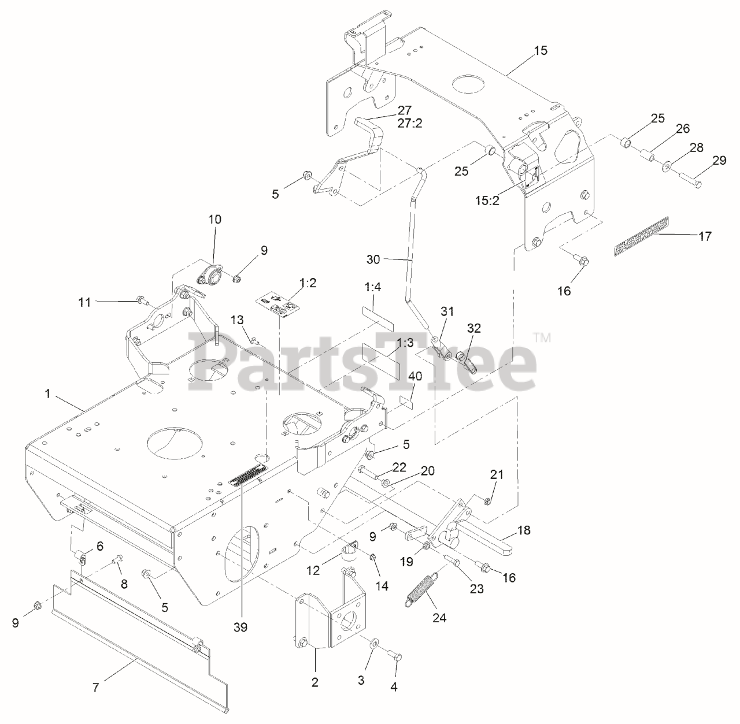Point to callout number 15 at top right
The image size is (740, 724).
(x=541, y=50)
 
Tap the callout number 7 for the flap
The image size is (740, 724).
(x=97, y=688)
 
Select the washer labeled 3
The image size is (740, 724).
(x=375, y=643)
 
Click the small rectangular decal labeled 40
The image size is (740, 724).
(x=406, y=401)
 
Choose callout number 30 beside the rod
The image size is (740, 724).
(x=373, y=259)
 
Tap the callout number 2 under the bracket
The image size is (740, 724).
(x=315, y=682)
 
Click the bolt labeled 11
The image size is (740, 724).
(x=141, y=300)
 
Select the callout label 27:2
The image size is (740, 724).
(x=404, y=122)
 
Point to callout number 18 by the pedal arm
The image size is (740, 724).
(x=524, y=530)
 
